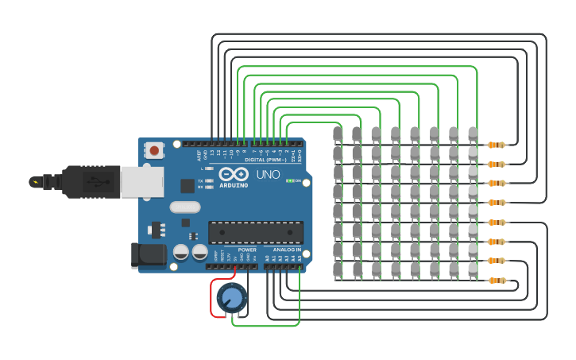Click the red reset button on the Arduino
point(154,149)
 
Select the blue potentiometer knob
point(231,298)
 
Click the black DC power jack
point(148,254)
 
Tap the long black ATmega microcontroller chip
point(255,232)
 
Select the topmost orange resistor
point(497,145)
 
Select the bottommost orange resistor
point(497,281)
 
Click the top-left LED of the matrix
point(338,134)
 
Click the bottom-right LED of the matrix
point(473,270)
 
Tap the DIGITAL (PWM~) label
point(265,160)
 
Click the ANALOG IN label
point(286,250)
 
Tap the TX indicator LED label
point(200,180)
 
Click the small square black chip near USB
point(187,186)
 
